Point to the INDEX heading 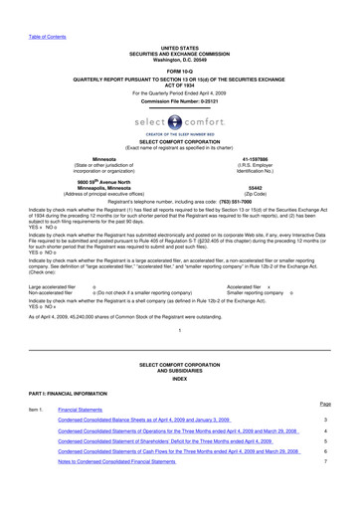[179, 406]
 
